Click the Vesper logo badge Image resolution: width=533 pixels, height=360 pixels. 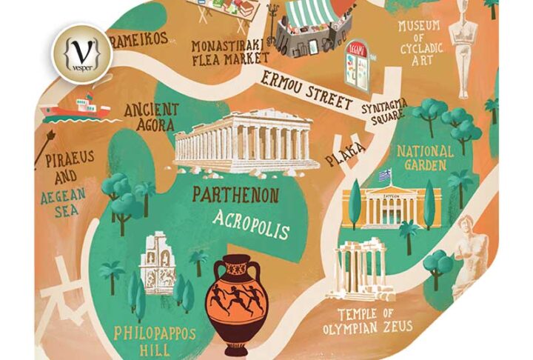(x=81, y=54)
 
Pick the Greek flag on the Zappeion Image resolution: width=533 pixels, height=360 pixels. (x=384, y=176)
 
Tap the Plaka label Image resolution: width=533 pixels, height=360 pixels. (x=346, y=155)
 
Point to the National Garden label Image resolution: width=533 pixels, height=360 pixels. (x=426, y=157)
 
